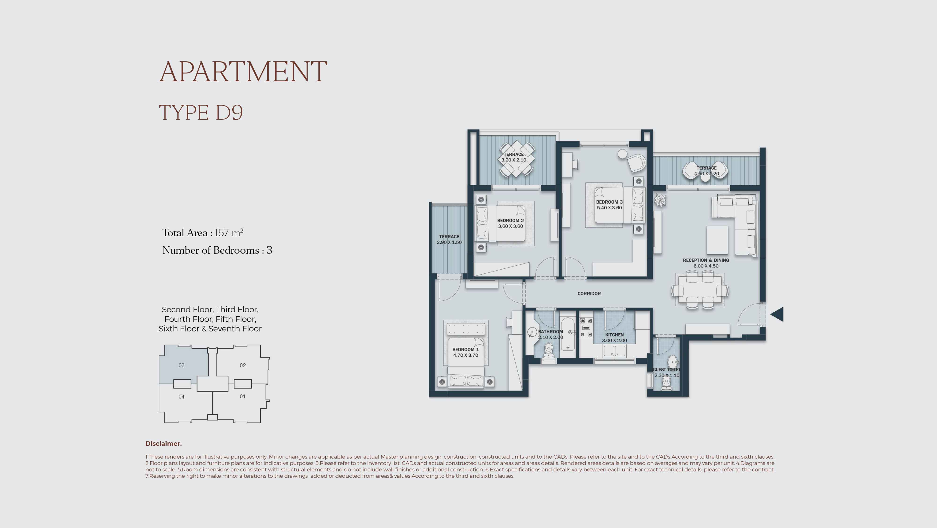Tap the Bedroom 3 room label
pyautogui.click(x=609, y=202)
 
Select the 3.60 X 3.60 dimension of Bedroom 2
pyautogui.click(x=510, y=226)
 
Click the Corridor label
pyautogui.click(x=589, y=294)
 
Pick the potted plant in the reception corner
pyautogui.click(x=660, y=200)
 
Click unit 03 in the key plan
pyautogui.click(x=182, y=365)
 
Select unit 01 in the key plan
pyautogui.click(x=243, y=396)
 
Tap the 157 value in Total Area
pyautogui.click(x=222, y=233)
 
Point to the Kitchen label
pyautogui.click(x=614, y=335)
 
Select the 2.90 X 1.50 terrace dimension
pyautogui.click(x=449, y=242)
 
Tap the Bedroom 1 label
pyautogui.click(x=466, y=350)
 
